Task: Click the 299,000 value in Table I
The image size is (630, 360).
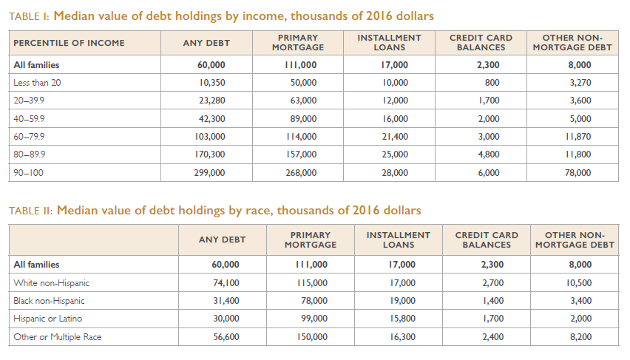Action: click(209, 173)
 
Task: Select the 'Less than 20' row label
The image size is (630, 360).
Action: click(37, 83)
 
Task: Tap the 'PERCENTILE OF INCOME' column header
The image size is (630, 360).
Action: click(69, 43)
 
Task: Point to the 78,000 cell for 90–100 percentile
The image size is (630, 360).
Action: click(577, 173)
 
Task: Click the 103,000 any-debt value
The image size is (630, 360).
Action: click(210, 137)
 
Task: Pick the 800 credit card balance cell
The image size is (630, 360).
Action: click(492, 83)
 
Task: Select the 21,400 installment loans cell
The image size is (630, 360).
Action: click(395, 137)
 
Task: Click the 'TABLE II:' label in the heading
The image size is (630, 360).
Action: click(30, 211)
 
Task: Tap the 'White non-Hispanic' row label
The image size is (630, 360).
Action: click(52, 283)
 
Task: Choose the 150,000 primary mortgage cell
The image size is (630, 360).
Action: click(312, 337)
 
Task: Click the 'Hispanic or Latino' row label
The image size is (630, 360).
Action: click(48, 319)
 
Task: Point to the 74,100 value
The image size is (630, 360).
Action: click(226, 283)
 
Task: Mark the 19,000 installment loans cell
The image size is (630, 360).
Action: click(402, 301)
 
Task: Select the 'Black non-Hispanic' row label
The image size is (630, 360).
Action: click(49, 301)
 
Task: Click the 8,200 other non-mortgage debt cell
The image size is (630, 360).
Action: click(581, 337)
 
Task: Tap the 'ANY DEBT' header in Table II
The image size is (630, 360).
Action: click(222, 240)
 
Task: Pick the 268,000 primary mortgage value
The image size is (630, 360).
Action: click(301, 173)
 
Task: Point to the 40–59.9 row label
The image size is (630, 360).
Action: click(29, 119)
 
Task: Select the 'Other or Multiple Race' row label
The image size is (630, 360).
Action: click(58, 337)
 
